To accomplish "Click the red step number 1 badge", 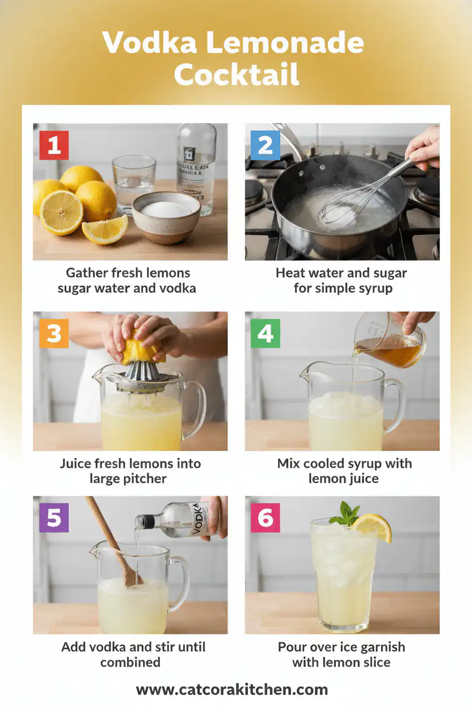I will [x=54, y=145].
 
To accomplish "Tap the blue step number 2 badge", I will [x=265, y=145].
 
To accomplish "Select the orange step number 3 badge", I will [x=54, y=334].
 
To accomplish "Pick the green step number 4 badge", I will [x=265, y=334].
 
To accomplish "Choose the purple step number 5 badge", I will [x=54, y=518].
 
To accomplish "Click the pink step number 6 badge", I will [x=265, y=518].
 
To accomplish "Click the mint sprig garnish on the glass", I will [x=347, y=513].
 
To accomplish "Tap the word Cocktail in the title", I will [x=236, y=74].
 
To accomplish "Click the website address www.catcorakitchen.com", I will [x=232, y=690].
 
